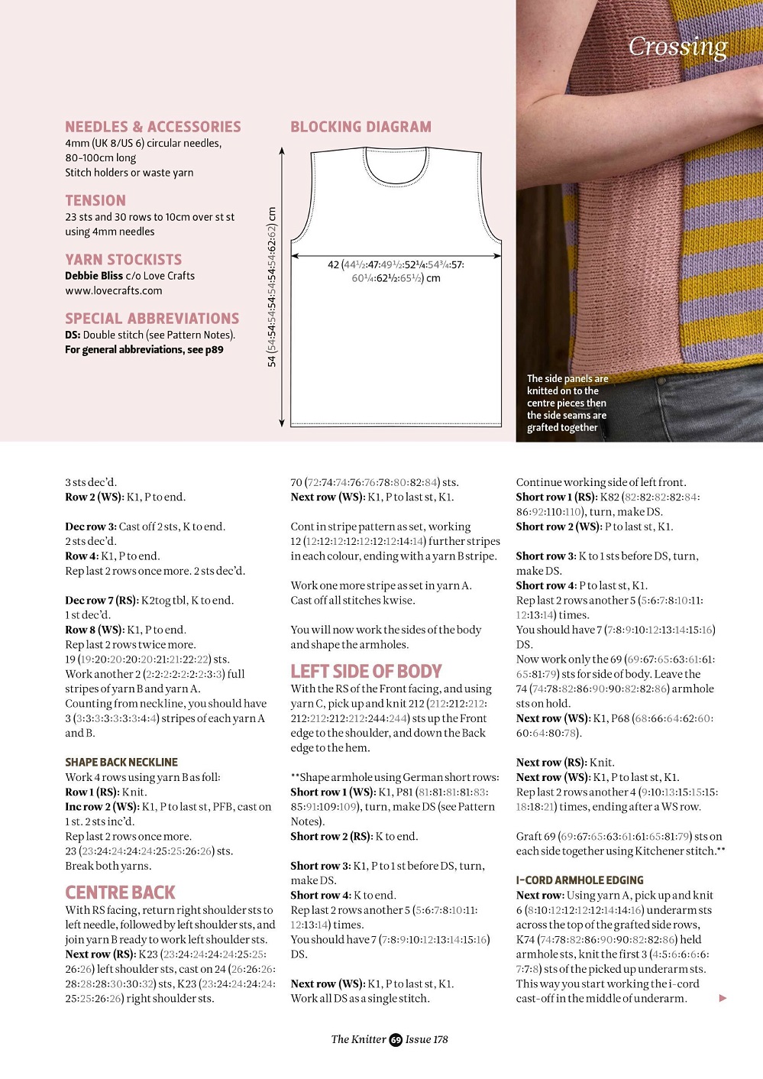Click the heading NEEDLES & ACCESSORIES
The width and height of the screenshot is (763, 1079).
coord(153,127)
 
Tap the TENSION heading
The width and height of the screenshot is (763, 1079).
coord(95,200)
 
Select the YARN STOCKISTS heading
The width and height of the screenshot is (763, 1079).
coord(123,260)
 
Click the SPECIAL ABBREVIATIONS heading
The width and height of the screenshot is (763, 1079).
coord(152,319)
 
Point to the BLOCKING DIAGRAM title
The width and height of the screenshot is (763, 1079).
coord(360,127)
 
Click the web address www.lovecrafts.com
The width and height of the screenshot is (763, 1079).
coord(114,290)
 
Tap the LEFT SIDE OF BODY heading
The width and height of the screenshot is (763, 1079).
coord(366,671)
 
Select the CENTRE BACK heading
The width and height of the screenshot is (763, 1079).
coord(120,893)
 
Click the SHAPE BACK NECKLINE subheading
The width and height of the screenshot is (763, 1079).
coord(121,762)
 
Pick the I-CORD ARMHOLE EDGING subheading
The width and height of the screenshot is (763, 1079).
coord(580,880)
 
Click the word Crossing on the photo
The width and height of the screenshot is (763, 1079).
coord(677,47)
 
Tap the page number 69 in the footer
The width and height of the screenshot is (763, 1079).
coord(396,1039)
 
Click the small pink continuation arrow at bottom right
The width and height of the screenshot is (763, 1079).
coord(723,998)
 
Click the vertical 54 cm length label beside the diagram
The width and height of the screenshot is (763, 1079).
coord(272,287)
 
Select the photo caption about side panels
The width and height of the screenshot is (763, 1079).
coord(567,403)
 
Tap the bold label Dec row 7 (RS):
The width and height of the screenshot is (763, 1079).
coord(101,601)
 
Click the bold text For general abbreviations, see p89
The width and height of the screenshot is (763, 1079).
coord(144,350)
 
